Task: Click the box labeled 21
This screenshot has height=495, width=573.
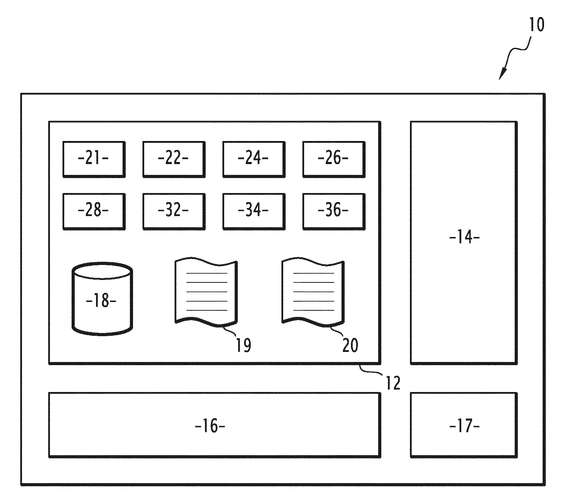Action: pyautogui.click(x=94, y=159)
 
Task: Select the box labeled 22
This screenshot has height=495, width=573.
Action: pyautogui.click(x=174, y=159)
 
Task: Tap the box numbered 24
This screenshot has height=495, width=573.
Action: pyautogui.click(x=254, y=159)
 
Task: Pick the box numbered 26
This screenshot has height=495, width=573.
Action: pyautogui.click(x=333, y=159)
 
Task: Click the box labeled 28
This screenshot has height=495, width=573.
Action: pyautogui.click(x=94, y=211)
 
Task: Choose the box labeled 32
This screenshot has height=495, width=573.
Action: pyautogui.click(x=174, y=211)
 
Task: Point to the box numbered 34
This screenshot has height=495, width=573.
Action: pyautogui.click(x=254, y=211)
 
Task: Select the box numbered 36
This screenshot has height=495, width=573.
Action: pyautogui.click(x=333, y=211)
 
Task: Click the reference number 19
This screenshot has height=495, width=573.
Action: pyautogui.click(x=243, y=345)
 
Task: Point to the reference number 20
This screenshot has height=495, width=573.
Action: pyautogui.click(x=350, y=345)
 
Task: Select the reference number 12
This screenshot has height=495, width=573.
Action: pyautogui.click(x=393, y=383)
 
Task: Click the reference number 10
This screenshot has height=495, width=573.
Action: pyautogui.click(x=537, y=25)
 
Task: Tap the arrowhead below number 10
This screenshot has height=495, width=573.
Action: pyautogui.click(x=502, y=74)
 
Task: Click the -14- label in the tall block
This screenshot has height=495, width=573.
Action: pyautogui.click(x=464, y=238)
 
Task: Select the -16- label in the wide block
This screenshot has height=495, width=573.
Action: pyautogui.click(x=210, y=426)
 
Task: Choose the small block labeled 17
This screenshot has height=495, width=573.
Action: pyautogui.click(x=464, y=425)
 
